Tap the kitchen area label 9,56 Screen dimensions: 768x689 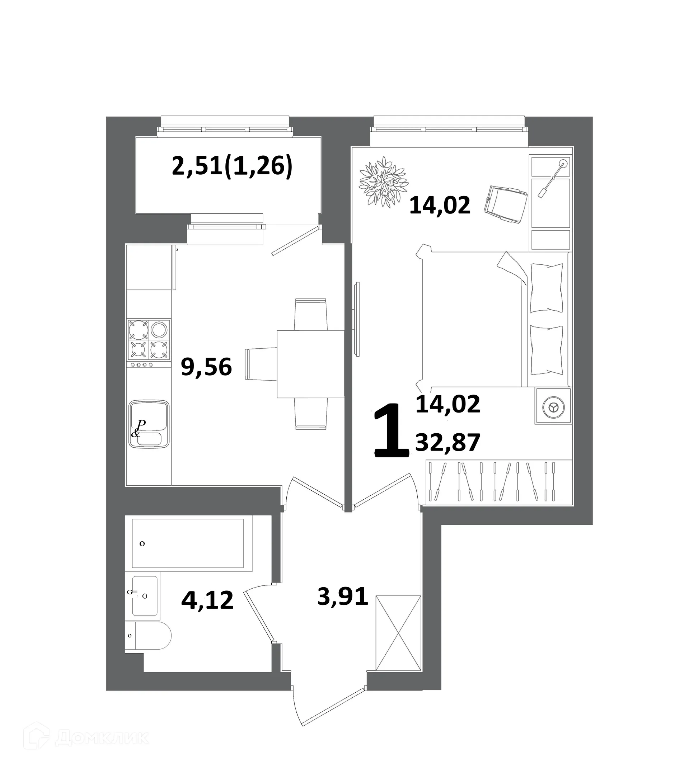coord(206,367)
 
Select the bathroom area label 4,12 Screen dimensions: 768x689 coord(207,600)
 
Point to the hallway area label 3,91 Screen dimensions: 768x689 coord(343,596)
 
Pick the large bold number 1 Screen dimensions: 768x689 coord(391,431)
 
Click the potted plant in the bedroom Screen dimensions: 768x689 coord(384,182)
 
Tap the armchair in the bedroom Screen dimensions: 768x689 coord(506,204)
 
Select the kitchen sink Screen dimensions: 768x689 coord(149,424)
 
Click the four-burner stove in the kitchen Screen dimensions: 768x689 coord(149,339)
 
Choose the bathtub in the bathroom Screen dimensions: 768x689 coord(188,544)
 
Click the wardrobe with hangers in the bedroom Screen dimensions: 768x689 coord(498,482)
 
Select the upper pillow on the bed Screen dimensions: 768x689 coord(546,288)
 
